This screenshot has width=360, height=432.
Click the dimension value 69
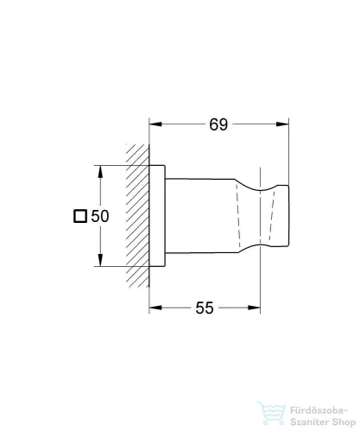click(218, 124)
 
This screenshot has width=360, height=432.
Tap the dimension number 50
click(99, 217)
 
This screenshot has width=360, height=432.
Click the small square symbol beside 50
click(80, 217)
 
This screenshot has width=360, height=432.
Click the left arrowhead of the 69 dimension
click(154, 124)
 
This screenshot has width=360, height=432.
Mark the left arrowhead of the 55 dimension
click(154, 308)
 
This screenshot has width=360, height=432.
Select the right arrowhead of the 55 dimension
click(256, 308)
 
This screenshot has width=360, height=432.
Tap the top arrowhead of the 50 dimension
click(103, 168)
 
